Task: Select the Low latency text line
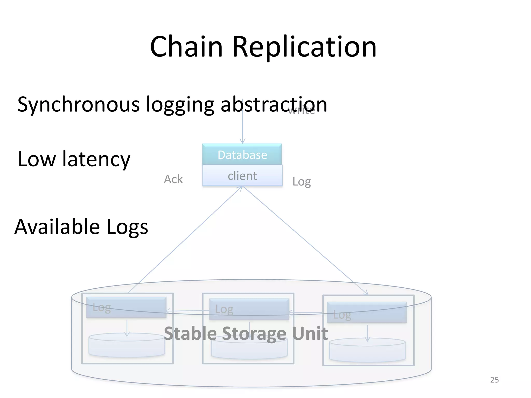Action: click(x=74, y=159)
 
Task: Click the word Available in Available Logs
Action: click(x=57, y=227)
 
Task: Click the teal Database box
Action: click(x=242, y=155)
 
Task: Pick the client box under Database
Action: click(x=242, y=176)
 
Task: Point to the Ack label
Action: click(x=173, y=179)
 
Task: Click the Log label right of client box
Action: click(x=301, y=182)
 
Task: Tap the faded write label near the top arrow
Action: click(x=302, y=110)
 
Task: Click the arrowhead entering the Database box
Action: click(x=242, y=141)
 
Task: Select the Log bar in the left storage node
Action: click(x=126, y=307)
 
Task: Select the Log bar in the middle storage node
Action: click(x=249, y=309)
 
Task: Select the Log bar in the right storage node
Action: click(x=367, y=312)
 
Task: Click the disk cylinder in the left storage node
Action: click(x=127, y=346)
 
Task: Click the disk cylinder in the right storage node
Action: click(x=367, y=350)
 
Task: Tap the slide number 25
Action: click(x=494, y=380)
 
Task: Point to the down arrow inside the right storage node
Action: click(x=367, y=334)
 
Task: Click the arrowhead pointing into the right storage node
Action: click(x=366, y=293)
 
